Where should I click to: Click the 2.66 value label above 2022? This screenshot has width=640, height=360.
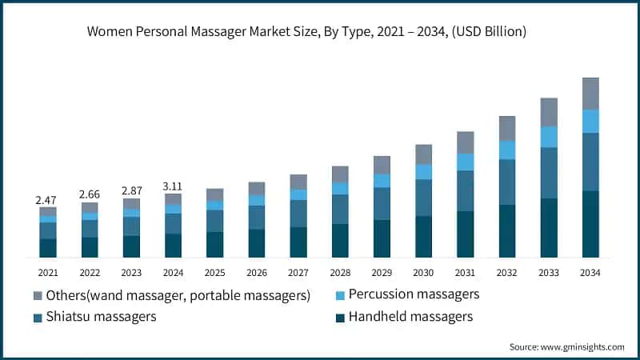click(x=90, y=194)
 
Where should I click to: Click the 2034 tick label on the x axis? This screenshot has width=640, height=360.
click(x=590, y=273)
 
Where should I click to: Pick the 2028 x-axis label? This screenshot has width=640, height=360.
click(x=340, y=273)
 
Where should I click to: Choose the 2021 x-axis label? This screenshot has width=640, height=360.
click(x=48, y=273)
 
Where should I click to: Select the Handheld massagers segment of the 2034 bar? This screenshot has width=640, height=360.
click(x=590, y=224)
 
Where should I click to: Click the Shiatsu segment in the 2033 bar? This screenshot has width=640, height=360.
click(x=549, y=173)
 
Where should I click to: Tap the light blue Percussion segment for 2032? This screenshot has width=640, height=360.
click(x=507, y=150)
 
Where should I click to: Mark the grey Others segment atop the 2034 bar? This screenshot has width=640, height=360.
click(x=590, y=94)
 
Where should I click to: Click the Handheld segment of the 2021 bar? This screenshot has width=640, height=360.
click(x=48, y=248)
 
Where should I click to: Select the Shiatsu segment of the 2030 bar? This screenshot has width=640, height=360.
click(x=423, y=198)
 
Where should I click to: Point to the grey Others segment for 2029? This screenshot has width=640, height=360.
click(x=382, y=165)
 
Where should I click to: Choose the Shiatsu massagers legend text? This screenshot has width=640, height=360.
click(x=100, y=317)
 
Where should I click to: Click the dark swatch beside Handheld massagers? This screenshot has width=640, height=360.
click(x=340, y=318)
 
